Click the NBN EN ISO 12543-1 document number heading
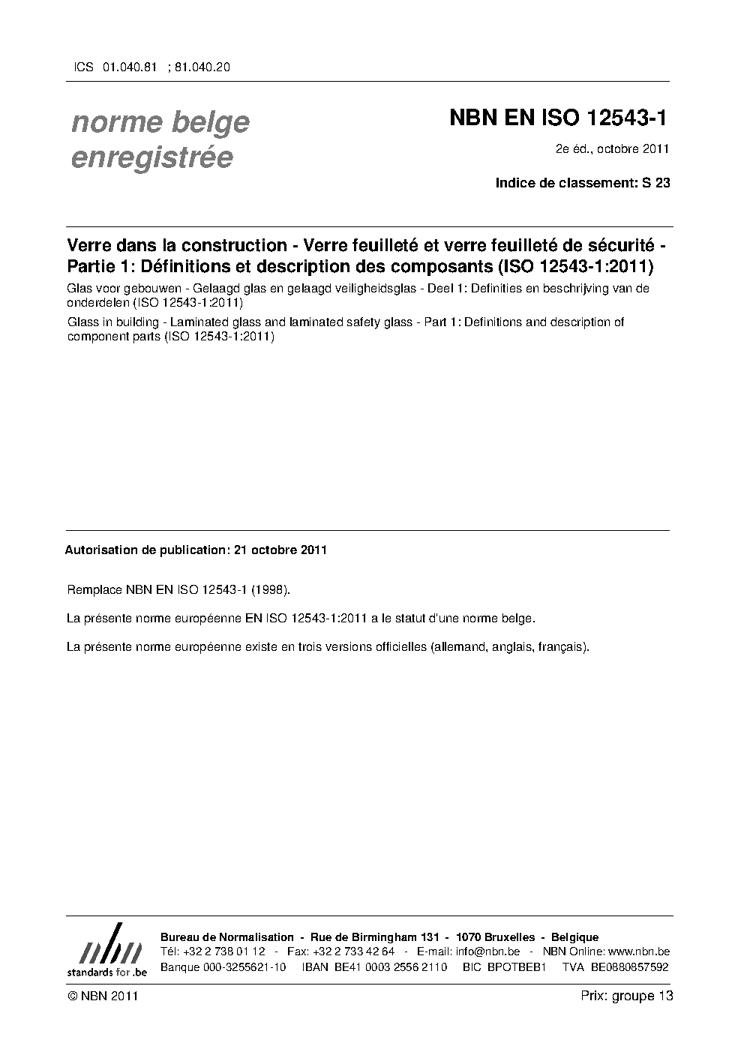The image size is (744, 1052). coord(558,118)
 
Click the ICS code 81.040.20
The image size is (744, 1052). coord(202,67)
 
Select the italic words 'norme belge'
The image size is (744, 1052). coord(160,121)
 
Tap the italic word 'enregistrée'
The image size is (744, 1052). coord(151,157)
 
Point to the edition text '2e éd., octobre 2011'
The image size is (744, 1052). coord(612,148)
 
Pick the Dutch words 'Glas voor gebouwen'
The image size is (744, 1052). coord(123,289)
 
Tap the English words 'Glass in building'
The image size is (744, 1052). coord(112,322)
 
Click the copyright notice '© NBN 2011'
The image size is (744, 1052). coord(102,996)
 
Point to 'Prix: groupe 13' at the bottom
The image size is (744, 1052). coord(627,996)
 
